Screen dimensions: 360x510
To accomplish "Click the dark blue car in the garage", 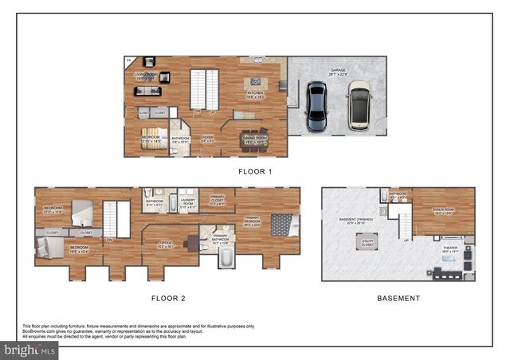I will tap(317, 106).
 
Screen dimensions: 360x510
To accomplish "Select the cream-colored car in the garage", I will tap(359, 104).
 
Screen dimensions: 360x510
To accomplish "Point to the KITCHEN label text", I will tap(255, 94).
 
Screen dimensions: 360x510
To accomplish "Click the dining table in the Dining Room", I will tap(254, 136).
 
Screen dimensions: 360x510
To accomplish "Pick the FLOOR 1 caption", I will tap(255, 171).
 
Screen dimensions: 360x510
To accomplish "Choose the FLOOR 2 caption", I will tap(168, 298).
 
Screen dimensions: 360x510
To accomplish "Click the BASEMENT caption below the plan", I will tap(398, 298).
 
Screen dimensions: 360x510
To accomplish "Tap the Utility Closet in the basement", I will tap(368, 241).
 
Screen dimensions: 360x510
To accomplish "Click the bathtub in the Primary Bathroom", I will tap(225, 259).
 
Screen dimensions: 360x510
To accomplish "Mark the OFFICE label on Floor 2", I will tap(166, 245).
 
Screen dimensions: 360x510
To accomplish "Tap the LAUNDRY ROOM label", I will tap(188, 202).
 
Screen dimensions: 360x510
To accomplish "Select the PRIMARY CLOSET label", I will tap(218, 202).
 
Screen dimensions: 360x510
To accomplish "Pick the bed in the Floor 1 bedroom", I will tap(155, 135).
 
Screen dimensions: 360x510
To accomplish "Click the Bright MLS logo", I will tap(30, 349).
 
